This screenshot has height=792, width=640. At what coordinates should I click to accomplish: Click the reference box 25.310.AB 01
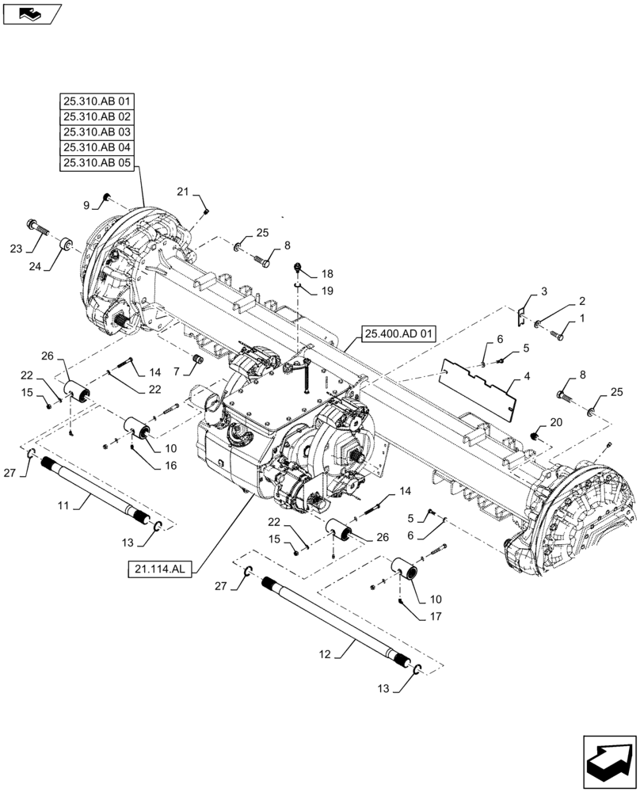coord(97,101)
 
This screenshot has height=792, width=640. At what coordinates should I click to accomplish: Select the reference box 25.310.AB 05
coord(97,163)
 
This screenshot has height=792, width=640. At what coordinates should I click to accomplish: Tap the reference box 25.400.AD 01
coord(401,333)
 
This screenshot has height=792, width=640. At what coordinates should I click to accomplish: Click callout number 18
coord(327,273)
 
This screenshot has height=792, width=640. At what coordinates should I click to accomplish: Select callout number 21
coord(182,192)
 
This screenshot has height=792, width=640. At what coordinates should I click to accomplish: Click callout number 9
coord(88,206)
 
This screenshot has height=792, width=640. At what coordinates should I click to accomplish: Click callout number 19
coord(327,291)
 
